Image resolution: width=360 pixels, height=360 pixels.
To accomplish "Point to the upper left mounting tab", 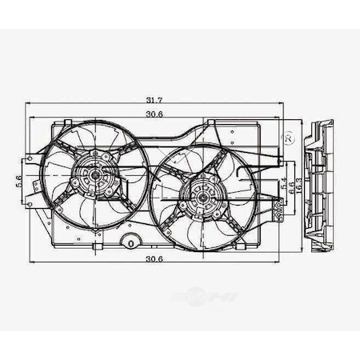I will (33, 158).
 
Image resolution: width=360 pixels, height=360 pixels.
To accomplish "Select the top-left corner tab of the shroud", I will (57, 126).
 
